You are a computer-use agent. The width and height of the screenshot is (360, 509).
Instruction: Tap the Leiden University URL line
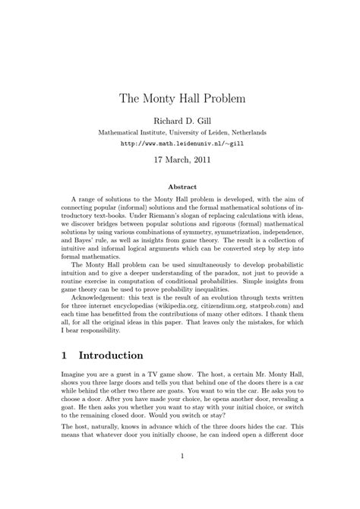(179, 142)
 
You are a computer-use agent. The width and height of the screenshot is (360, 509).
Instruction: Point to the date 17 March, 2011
(179, 160)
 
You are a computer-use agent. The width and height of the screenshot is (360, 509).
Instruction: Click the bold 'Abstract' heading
(179, 187)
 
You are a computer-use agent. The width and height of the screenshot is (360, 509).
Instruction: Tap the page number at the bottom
(179, 477)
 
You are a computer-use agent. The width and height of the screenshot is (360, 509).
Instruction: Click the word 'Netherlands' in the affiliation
(243, 131)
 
